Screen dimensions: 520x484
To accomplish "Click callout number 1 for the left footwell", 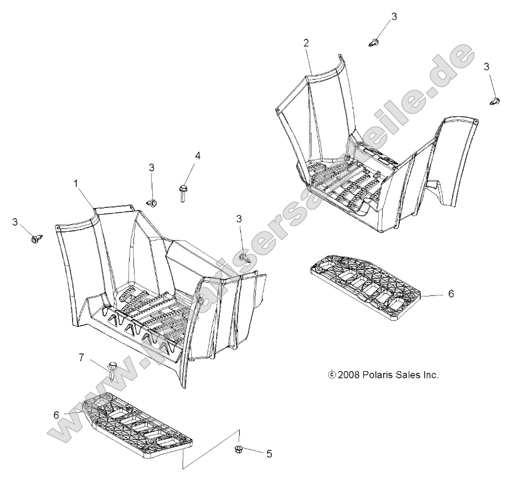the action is pos(76,183).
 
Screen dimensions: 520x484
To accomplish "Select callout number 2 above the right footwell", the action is pos(306,43).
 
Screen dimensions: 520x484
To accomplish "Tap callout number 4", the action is pos(197,155).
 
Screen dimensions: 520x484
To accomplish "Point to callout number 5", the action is pos(269,454).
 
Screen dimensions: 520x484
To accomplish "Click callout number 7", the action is pos(81,357).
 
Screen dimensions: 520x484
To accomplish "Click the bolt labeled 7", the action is pos(112,372).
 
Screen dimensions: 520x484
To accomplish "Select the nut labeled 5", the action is pos(238,450).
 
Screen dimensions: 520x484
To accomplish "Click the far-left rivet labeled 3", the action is pos(37,238).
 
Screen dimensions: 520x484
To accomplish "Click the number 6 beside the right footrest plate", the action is pos(451,294).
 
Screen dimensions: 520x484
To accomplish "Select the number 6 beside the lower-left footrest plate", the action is pos(56,414).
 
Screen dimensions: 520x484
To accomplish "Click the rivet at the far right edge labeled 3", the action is pos(495,101).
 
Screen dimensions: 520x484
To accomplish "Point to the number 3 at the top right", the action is pos(394,17).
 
